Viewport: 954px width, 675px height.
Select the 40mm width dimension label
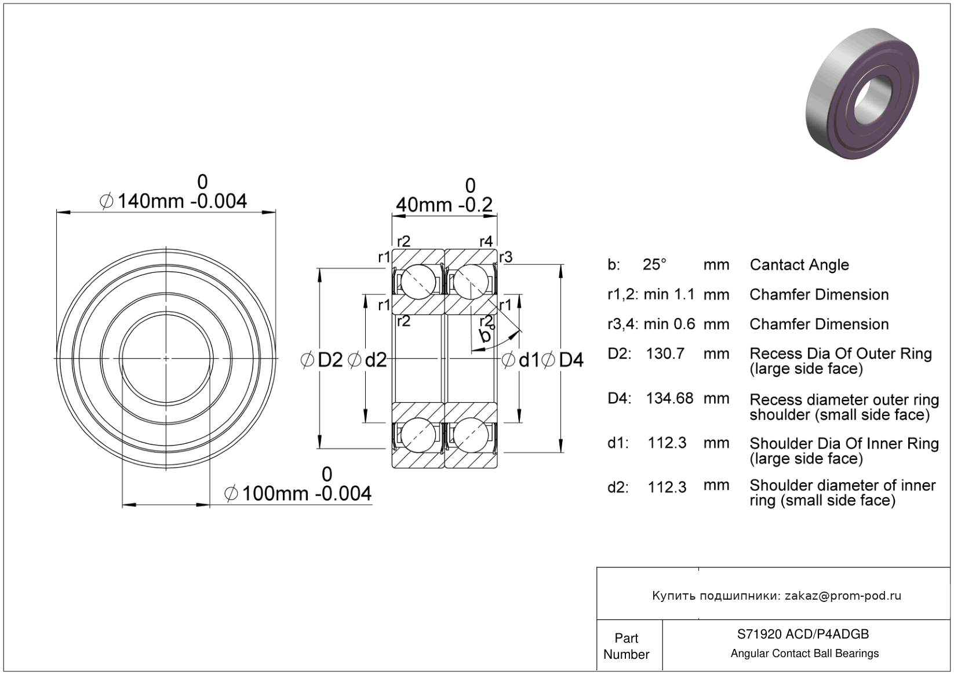click(444, 205)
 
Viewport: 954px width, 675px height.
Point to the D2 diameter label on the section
click(330, 360)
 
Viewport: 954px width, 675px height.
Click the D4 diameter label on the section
click(570, 360)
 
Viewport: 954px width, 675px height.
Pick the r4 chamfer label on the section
click(486, 240)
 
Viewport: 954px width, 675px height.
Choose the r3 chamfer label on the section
click(506, 257)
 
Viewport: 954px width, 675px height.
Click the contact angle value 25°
click(654, 265)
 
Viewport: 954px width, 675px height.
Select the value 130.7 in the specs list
click(665, 353)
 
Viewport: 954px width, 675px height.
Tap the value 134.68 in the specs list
click(669, 398)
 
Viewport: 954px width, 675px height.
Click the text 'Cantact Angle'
click(799, 265)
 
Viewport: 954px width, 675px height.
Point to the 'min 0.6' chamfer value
click(669, 324)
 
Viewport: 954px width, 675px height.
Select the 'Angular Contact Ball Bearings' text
click(804, 654)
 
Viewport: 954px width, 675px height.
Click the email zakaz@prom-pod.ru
click(843, 596)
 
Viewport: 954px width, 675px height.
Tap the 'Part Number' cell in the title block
click(627, 646)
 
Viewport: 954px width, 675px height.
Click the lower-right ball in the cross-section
click(470, 435)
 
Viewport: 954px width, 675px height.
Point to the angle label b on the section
click(485, 335)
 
